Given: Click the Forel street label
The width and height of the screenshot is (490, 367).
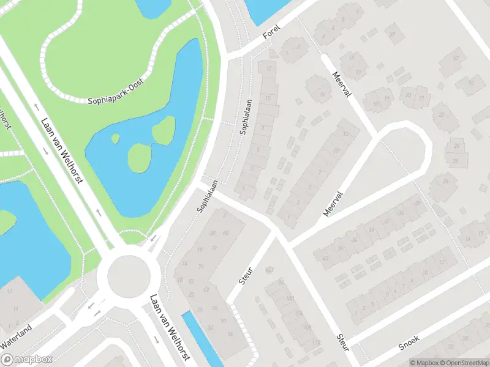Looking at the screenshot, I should (271, 35).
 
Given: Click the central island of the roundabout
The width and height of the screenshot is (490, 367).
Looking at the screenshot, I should (129, 275).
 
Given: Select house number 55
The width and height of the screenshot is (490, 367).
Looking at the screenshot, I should (472, 83).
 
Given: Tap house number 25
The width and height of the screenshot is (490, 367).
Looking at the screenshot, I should (456, 161).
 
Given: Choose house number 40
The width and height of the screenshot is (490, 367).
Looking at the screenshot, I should (325, 258).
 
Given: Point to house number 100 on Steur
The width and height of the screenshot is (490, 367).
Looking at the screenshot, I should (290, 298).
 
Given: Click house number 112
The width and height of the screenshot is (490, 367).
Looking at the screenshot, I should (317, 342).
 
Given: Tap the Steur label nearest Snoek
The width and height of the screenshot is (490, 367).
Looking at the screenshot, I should (342, 342).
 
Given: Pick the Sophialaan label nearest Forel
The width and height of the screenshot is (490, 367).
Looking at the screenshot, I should (246, 117).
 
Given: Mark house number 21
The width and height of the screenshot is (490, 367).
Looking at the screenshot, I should (421, 97).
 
